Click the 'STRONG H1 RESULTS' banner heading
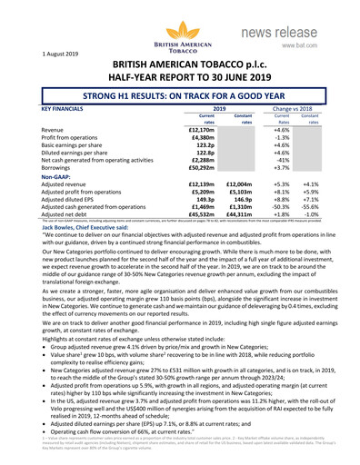[x=180, y=94]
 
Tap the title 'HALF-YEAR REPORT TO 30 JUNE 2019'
[x=180, y=76]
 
